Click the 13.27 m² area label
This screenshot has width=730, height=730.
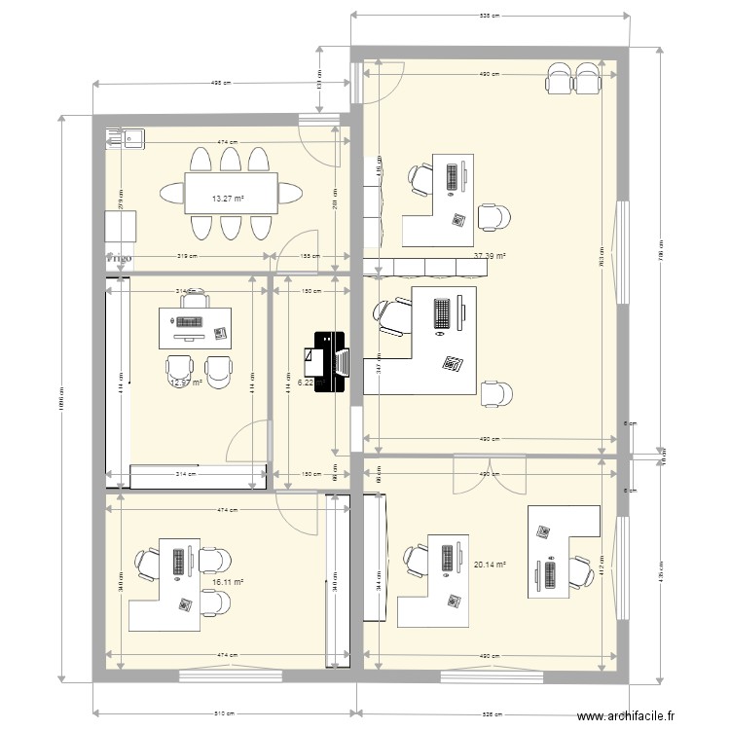click(x=228, y=200)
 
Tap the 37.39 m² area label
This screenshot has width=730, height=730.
click(x=490, y=257)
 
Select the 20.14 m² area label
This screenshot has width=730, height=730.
click(x=490, y=564)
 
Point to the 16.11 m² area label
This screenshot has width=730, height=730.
click(x=227, y=583)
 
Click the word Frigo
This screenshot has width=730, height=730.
click(x=120, y=260)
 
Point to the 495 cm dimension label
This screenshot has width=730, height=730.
click(x=221, y=84)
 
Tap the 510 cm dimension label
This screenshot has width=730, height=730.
click(x=224, y=714)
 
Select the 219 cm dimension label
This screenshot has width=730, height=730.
click(x=188, y=257)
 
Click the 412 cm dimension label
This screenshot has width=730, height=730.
click(x=600, y=565)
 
